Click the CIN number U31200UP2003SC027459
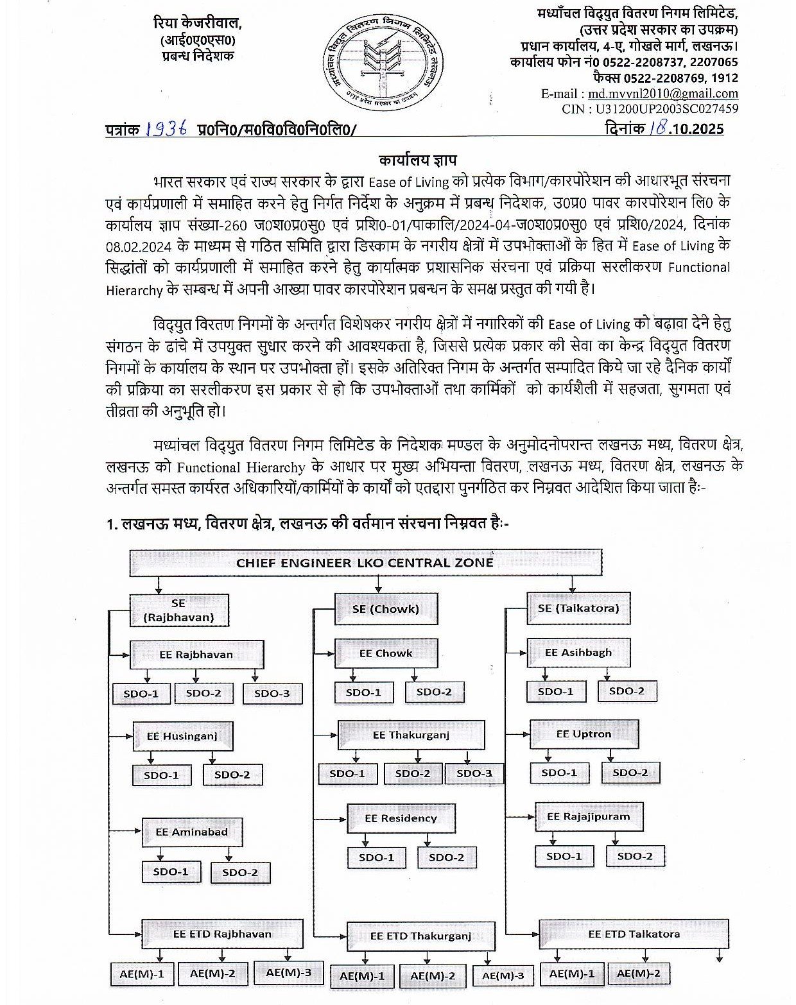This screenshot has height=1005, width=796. (666, 109)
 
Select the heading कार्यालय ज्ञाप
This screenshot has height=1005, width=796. (417, 159)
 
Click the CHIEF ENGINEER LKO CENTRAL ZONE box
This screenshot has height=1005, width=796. (365, 563)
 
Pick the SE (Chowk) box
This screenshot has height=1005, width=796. (385, 608)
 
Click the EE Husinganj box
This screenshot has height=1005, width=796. (182, 736)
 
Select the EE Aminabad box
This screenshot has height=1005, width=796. (191, 832)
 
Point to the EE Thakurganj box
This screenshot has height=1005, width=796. (411, 735)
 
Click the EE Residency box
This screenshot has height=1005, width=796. (401, 818)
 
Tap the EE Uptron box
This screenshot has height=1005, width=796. (584, 734)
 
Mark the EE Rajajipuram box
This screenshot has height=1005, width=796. (588, 817)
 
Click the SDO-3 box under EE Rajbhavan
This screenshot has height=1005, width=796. (272, 694)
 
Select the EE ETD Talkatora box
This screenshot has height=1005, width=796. (634, 934)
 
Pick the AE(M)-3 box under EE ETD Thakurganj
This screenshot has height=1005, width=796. (503, 976)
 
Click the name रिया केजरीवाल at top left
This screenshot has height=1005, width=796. (197, 24)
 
